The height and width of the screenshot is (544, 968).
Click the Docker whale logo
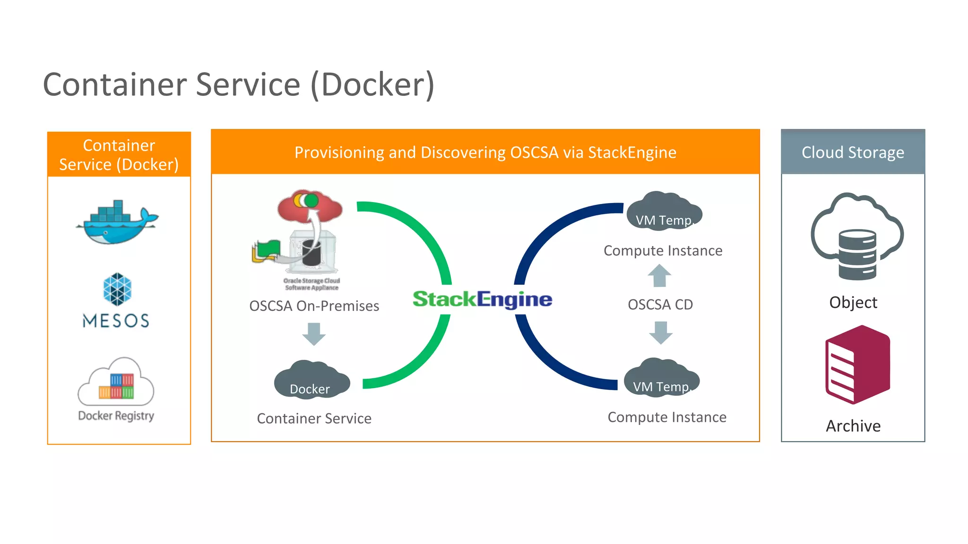(x=117, y=223)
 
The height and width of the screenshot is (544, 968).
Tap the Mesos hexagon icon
(x=117, y=289)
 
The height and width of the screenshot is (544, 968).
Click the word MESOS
(x=116, y=321)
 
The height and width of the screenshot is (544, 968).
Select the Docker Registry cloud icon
(x=116, y=382)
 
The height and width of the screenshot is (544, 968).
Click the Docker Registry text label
(x=116, y=416)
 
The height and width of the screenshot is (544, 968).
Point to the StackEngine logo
(x=482, y=299)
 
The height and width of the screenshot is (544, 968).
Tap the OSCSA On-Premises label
(x=314, y=306)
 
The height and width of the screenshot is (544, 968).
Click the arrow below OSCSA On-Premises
(x=314, y=334)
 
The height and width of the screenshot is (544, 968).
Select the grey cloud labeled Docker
(x=311, y=381)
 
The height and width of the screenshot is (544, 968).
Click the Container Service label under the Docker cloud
(x=314, y=418)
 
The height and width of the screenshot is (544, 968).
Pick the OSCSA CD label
(x=660, y=305)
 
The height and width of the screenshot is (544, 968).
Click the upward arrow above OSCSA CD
(x=659, y=276)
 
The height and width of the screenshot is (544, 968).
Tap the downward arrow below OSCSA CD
(x=661, y=332)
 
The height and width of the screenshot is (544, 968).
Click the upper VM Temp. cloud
(x=664, y=212)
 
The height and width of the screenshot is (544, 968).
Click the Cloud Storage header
(x=853, y=152)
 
